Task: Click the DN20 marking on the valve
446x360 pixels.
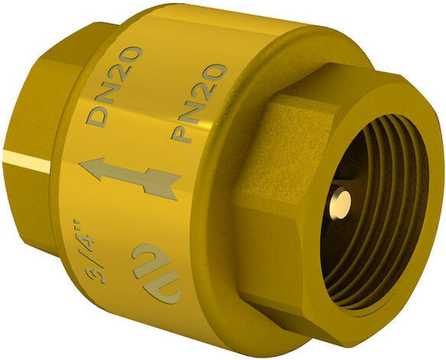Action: (x=114, y=86)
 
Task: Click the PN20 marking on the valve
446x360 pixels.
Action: (x=198, y=103)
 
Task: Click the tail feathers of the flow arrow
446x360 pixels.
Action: (x=162, y=184)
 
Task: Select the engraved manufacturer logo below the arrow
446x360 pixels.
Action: (x=156, y=273)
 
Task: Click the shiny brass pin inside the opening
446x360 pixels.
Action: (x=340, y=204)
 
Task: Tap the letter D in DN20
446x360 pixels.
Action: (x=97, y=116)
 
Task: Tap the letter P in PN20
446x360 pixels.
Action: (x=182, y=132)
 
